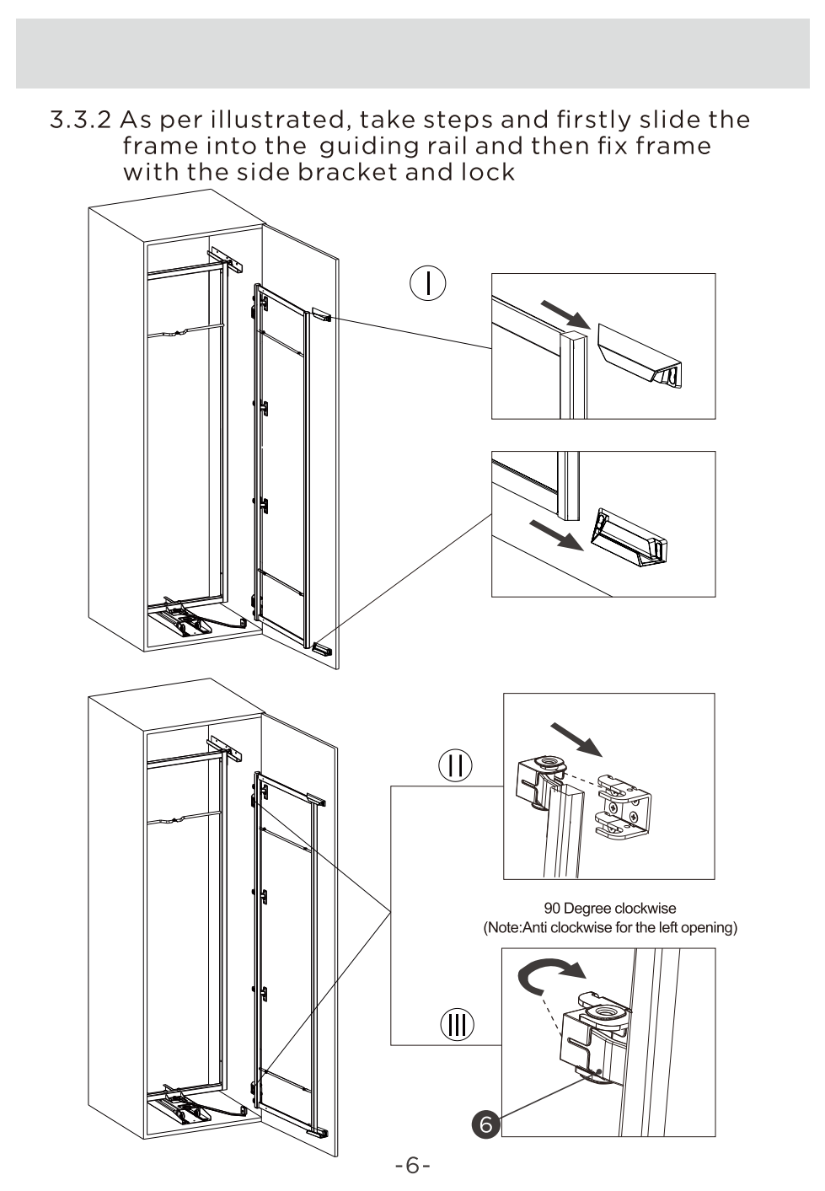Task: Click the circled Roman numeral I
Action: click(x=428, y=283)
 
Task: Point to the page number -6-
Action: click(x=413, y=1166)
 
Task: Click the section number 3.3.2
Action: click(x=80, y=120)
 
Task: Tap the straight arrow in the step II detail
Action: click(x=577, y=739)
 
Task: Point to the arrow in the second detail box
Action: click(x=556, y=534)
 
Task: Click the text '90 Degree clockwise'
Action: click(x=610, y=909)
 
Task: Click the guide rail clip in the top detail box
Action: click(x=645, y=358)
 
